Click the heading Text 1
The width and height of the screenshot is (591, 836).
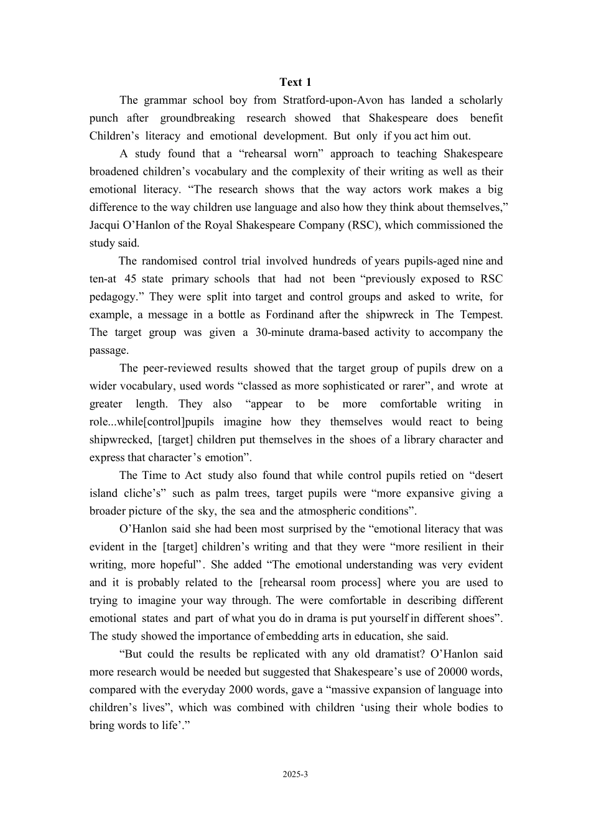click(x=295, y=82)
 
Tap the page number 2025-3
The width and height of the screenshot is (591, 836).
click(x=295, y=774)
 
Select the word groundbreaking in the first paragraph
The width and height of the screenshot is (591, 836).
click(x=197, y=118)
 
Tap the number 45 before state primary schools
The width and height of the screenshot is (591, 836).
click(x=130, y=279)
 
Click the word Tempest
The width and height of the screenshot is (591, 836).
click(x=480, y=315)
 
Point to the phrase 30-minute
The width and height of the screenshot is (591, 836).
click(x=279, y=332)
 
